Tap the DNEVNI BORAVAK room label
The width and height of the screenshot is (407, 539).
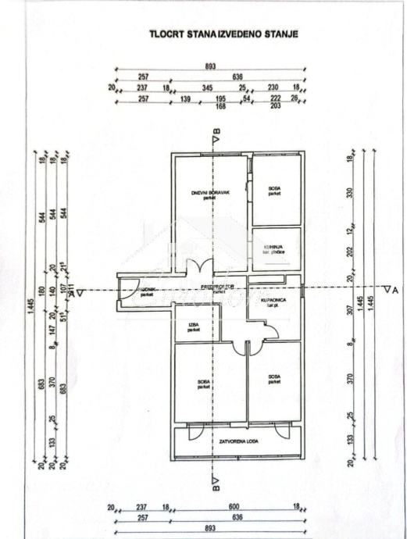click(x=207, y=195)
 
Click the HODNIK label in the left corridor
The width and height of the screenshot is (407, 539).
click(x=146, y=293)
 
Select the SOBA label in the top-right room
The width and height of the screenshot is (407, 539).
click(x=274, y=190)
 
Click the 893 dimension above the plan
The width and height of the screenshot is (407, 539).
click(x=210, y=66)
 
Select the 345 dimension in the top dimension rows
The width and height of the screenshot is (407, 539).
click(x=208, y=87)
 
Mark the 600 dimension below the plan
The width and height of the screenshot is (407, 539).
click(x=234, y=507)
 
